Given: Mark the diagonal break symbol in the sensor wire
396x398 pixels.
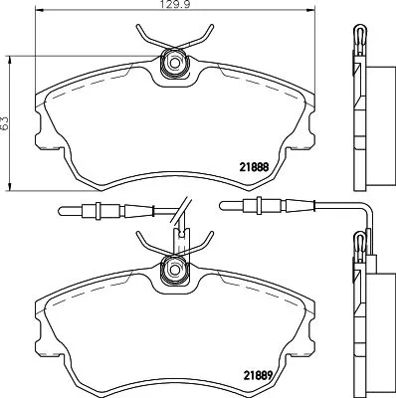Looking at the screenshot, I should [178, 211].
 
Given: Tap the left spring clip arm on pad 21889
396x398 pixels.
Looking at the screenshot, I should [147, 245].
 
